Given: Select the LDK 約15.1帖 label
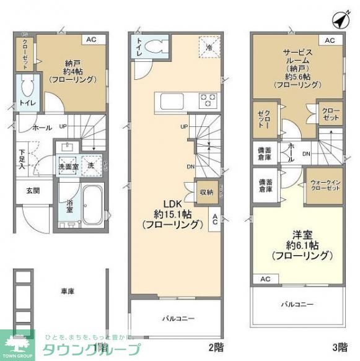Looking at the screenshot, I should (172, 214).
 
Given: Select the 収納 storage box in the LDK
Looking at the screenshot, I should (206, 193).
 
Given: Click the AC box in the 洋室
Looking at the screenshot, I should (265, 279).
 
